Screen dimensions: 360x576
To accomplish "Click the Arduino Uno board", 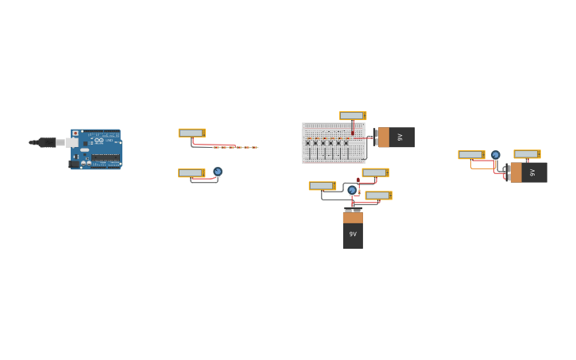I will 96,149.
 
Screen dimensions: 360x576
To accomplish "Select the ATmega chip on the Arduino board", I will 106,157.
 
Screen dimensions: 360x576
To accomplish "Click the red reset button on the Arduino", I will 75,134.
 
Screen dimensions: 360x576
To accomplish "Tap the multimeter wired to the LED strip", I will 191,133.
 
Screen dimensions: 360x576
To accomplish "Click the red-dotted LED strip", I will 236,147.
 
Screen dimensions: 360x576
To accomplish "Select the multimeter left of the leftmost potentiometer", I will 191,172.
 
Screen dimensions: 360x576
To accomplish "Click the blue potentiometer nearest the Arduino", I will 218,172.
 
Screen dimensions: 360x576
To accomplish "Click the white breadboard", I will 334,143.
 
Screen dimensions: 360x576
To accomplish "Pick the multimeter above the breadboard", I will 352,115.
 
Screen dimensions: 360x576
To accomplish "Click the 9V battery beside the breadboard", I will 395,137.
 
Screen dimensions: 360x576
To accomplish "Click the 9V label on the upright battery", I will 353,234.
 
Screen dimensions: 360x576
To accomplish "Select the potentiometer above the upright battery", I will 352,190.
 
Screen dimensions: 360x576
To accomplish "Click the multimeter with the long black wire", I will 322,186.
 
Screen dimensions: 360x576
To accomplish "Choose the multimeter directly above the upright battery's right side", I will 378,195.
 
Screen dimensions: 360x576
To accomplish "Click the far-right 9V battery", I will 527,172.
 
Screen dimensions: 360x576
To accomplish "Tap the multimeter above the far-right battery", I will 527,154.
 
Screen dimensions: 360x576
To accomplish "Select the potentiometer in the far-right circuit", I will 496,155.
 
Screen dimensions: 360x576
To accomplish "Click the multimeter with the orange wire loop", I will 471,155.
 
